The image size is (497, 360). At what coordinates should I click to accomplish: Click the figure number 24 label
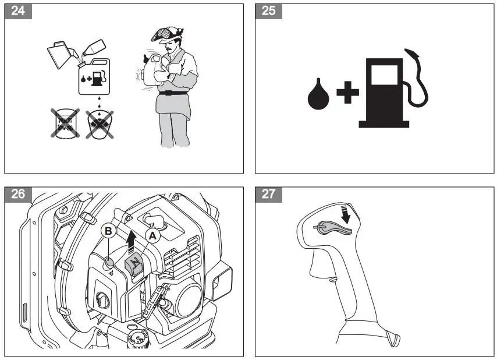coord(18,11)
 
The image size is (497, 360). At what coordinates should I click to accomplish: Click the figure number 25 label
coord(269,11)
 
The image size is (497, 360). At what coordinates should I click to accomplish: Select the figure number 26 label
coord(18,194)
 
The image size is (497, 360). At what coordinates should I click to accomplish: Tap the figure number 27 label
coord(269,194)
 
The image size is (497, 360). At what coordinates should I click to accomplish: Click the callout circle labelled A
coord(153,235)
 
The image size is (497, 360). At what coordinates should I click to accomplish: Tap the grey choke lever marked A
coord(133,264)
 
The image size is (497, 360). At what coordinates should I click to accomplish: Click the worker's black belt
coord(172,93)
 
